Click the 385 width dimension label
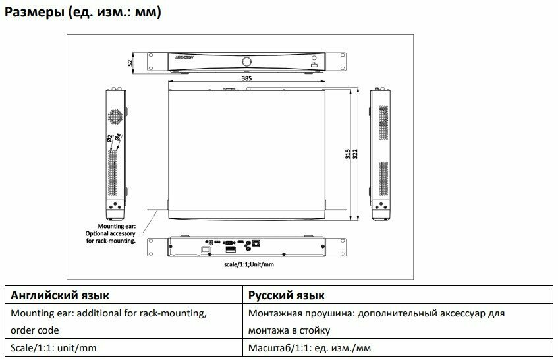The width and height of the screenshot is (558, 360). click(246, 78)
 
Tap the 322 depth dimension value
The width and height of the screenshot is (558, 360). click(356, 155)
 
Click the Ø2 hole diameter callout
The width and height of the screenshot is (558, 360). click(109, 138)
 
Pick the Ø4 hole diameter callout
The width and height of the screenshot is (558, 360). click(117, 138)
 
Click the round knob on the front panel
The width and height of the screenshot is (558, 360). click(246, 61)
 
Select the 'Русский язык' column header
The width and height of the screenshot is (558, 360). click(287, 295)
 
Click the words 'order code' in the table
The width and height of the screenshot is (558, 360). click(35, 330)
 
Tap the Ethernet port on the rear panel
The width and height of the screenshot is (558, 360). click(256, 243)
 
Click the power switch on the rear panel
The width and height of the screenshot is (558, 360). click(205, 249)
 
